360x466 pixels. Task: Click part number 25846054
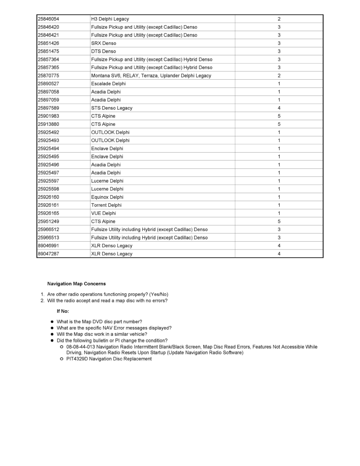click(x=49, y=19)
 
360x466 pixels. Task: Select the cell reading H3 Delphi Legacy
click(x=110, y=19)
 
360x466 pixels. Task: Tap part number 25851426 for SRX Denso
click(x=49, y=43)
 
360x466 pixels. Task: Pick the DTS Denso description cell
click(x=104, y=51)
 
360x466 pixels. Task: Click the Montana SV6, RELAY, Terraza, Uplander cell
click(x=151, y=76)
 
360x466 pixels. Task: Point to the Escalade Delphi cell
click(x=109, y=84)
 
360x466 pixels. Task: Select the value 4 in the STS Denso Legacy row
click(x=279, y=108)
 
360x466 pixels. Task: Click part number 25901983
click(x=49, y=116)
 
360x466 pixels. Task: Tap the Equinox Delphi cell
click(x=107, y=197)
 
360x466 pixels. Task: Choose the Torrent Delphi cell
click(x=106, y=205)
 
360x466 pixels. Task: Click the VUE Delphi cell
click(x=104, y=213)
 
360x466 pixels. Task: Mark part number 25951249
click(x=49, y=221)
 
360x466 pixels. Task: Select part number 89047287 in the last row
click(x=49, y=254)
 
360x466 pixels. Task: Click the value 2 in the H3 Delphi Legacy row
click(x=279, y=19)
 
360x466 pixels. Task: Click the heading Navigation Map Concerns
click(x=76, y=284)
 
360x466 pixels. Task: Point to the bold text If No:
click(x=63, y=311)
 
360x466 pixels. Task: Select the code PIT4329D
click(x=77, y=359)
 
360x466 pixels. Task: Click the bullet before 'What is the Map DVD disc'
click(x=52, y=322)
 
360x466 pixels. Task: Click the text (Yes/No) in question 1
click(x=159, y=295)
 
